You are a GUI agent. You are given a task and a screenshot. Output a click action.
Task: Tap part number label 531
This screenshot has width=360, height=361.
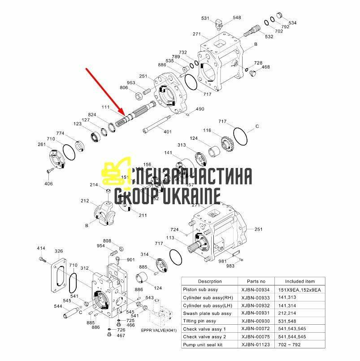point(205,18)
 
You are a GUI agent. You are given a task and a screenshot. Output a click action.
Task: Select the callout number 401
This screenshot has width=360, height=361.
point(167,132)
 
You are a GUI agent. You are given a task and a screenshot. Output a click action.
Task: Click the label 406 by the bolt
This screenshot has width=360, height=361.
point(48,184)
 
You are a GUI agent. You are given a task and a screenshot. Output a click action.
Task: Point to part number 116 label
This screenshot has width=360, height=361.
point(207,130)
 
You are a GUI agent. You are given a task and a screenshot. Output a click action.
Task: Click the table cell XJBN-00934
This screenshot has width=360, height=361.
point(256,289)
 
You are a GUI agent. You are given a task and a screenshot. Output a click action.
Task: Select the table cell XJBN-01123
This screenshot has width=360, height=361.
point(256,345)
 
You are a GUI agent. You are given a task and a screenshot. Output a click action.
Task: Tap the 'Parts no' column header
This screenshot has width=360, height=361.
point(256,281)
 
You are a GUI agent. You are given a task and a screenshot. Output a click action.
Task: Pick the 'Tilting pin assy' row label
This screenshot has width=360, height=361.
point(200,321)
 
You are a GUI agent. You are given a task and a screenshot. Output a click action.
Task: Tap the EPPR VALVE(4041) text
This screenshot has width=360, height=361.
point(159,331)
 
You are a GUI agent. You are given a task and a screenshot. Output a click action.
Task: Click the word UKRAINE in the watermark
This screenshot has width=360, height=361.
point(194,196)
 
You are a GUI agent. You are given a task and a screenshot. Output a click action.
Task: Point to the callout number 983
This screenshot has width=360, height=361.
point(230,266)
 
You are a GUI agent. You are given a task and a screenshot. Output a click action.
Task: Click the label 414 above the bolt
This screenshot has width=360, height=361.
point(41,248)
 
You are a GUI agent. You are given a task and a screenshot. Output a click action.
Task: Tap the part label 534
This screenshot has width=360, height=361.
point(292,22)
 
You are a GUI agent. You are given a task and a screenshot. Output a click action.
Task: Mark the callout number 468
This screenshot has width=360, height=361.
point(266,67)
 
